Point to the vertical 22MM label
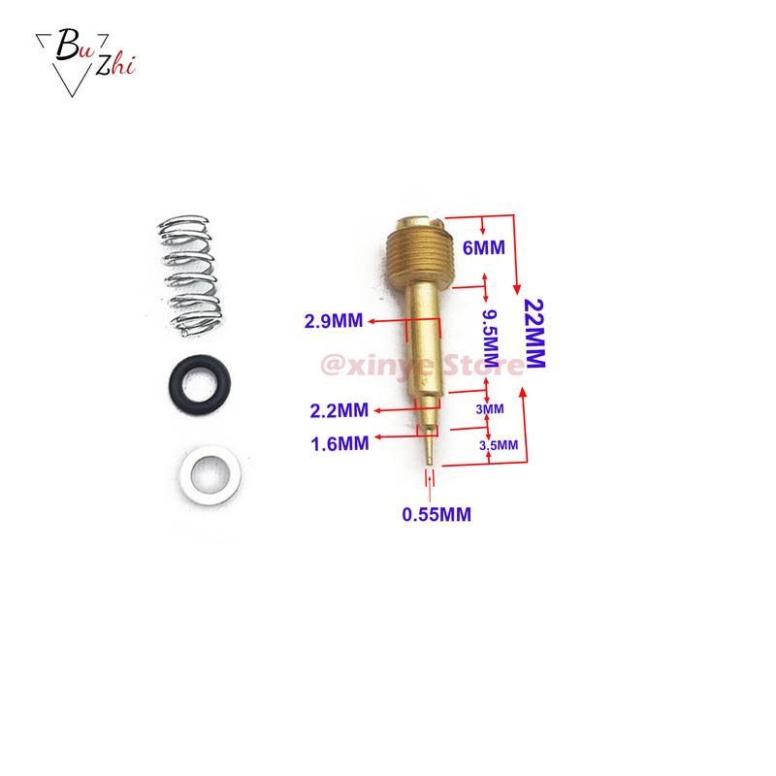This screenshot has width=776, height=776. click(x=534, y=332)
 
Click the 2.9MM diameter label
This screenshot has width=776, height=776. click(x=336, y=321)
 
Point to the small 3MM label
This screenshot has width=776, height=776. click(x=490, y=409)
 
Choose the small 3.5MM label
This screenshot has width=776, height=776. click(x=499, y=444)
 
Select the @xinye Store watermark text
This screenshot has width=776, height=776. click(x=427, y=366)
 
